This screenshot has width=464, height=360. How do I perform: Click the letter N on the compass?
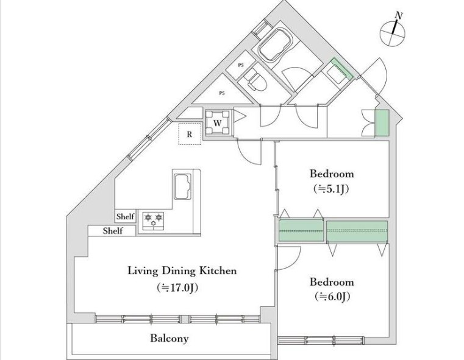[x=399, y=15]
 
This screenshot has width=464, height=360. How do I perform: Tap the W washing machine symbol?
[x=218, y=122]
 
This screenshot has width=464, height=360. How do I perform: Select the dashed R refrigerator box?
[x=190, y=134]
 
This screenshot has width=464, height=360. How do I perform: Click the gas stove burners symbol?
[x=154, y=221]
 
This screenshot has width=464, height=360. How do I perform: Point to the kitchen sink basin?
[x=182, y=186]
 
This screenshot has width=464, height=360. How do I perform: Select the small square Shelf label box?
[x=126, y=216]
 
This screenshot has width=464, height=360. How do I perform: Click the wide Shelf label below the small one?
[x=112, y=231]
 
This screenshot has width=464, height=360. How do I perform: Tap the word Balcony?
[x=170, y=338]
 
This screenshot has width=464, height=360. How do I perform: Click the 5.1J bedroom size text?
[x=331, y=189]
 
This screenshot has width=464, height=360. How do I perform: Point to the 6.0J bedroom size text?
[x=333, y=296]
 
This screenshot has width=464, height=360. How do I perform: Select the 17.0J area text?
[x=177, y=288]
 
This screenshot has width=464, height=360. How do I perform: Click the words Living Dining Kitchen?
[x=182, y=270]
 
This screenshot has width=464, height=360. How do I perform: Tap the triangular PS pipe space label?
[x=222, y=93]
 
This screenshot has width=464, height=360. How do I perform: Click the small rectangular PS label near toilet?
[x=241, y=65]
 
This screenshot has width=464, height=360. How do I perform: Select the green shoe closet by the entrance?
[x=382, y=123]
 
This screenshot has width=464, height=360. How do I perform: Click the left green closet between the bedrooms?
[x=301, y=230]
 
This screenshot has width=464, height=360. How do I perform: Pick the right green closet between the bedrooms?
[x=357, y=231]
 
